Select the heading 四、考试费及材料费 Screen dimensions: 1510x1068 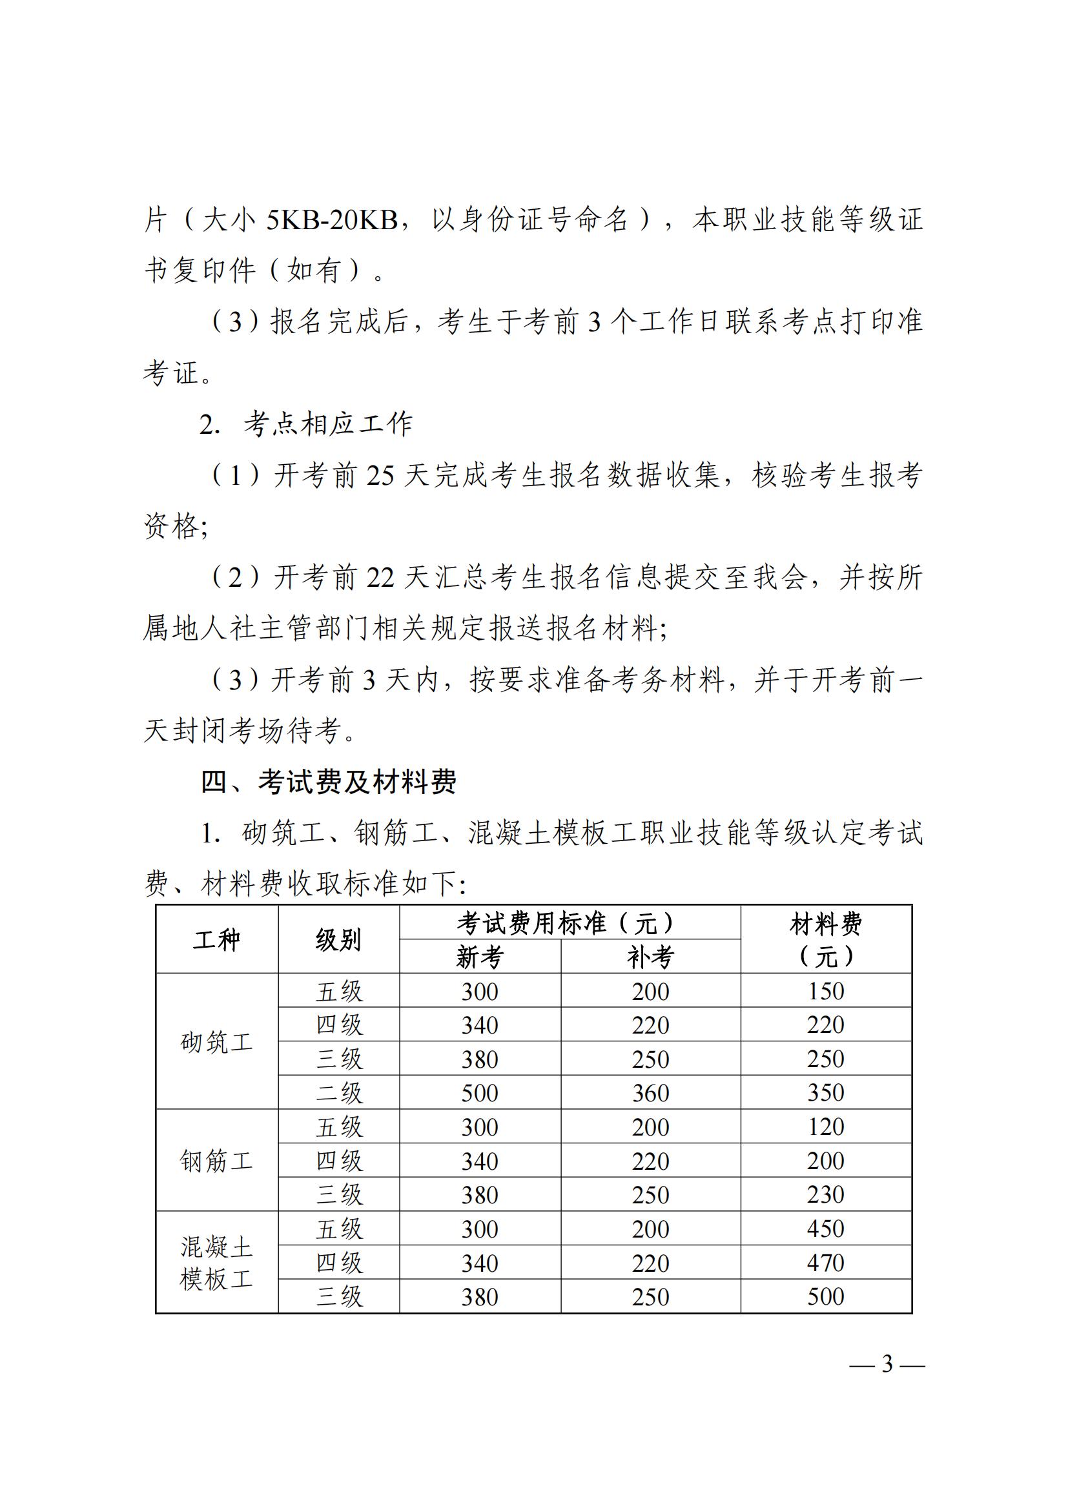point(328,782)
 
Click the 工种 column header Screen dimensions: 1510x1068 point(216,940)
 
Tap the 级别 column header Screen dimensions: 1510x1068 point(338,940)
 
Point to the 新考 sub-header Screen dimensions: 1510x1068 point(479,957)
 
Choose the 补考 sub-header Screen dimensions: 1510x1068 point(650,957)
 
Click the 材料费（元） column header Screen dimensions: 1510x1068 point(825,940)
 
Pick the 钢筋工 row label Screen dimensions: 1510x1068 point(216,1161)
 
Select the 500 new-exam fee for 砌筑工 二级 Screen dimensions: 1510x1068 point(479,1093)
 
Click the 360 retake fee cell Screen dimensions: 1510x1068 point(650,1093)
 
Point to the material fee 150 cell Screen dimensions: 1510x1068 point(825,991)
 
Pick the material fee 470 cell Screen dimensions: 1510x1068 point(825,1263)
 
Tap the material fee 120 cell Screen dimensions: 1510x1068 point(825,1127)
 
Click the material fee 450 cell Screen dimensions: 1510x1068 point(825,1229)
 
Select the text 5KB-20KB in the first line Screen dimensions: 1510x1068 point(331,220)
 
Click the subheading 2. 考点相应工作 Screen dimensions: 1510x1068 point(307,424)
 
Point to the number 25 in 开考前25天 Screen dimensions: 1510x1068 point(380,476)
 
